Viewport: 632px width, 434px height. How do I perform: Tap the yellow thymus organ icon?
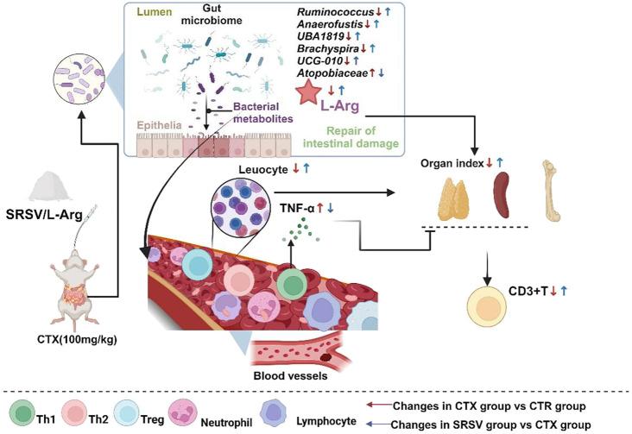point(452,184)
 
